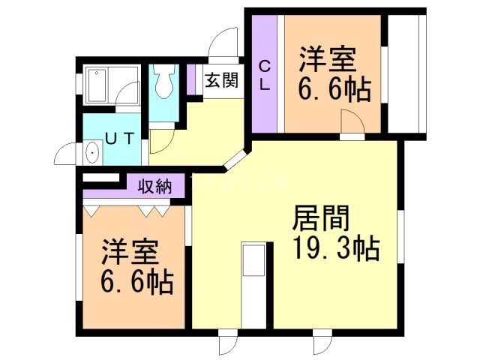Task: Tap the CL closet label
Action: click(x=265, y=76)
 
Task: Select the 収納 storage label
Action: click(x=154, y=186)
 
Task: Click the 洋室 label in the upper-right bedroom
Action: click(x=327, y=59)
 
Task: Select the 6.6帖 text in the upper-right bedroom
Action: click(x=335, y=91)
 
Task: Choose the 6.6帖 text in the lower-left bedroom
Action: click(x=137, y=283)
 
